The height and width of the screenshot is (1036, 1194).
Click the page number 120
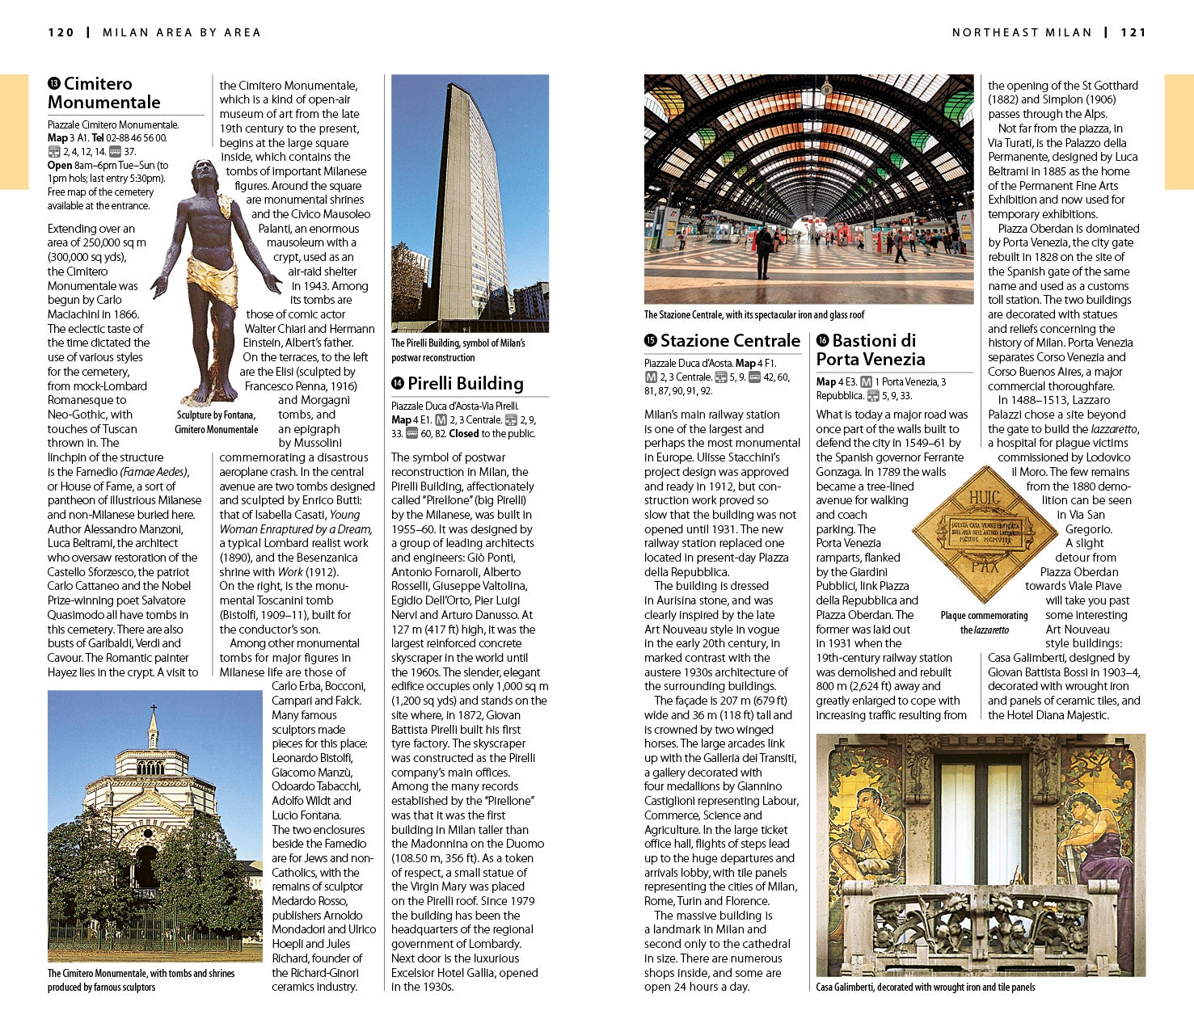[x=61, y=32]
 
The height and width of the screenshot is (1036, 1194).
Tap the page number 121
[x=1133, y=32]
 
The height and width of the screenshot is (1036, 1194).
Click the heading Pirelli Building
[x=465, y=384]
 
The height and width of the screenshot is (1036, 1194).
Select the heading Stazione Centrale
[x=729, y=341]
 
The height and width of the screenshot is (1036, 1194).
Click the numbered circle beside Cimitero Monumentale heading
[x=54, y=84]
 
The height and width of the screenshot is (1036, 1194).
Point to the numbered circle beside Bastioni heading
[x=822, y=341]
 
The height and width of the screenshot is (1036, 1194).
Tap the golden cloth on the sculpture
[x=212, y=279]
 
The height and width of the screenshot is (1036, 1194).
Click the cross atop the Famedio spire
[x=153, y=710]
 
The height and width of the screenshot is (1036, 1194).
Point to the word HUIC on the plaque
[x=984, y=497]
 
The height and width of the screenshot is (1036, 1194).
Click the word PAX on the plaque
[x=984, y=565]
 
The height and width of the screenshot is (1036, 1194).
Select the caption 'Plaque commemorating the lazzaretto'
[x=984, y=622]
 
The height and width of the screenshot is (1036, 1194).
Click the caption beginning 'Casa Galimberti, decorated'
[x=925, y=987]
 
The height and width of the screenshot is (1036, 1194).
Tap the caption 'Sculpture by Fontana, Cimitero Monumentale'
[x=216, y=422]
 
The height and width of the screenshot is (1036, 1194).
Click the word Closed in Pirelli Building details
[x=464, y=434]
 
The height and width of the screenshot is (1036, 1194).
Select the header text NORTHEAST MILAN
[x=1022, y=32]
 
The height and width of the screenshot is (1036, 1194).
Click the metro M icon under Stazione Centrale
[x=651, y=377]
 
